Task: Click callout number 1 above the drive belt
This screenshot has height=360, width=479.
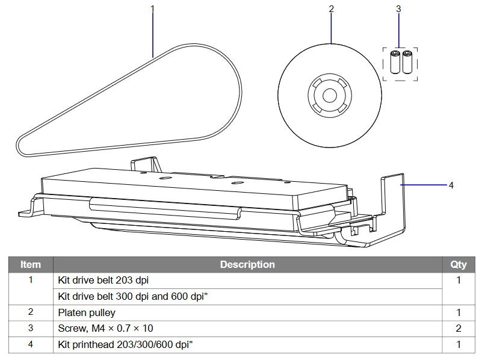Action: [152, 8]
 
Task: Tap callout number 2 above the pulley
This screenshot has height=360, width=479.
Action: [332, 8]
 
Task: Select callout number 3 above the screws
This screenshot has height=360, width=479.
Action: [398, 8]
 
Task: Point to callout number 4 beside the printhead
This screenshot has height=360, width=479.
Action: [451, 185]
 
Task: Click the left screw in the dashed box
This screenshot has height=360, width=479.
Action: [395, 62]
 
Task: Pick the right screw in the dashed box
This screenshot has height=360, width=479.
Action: [407, 62]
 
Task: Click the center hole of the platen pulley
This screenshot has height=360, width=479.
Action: [329, 96]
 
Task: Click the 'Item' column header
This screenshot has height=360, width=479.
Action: [31, 264]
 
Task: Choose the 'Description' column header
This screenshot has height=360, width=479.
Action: [247, 264]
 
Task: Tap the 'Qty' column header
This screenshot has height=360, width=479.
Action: [459, 264]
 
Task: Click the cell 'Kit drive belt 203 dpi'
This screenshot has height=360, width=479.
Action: [103, 280]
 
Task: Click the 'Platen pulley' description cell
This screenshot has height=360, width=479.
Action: [87, 312]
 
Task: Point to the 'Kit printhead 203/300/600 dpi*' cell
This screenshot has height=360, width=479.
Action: [125, 345]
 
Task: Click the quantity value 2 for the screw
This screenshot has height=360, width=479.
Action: [459, 329]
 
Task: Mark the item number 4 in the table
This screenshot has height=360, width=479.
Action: [31, 345]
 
